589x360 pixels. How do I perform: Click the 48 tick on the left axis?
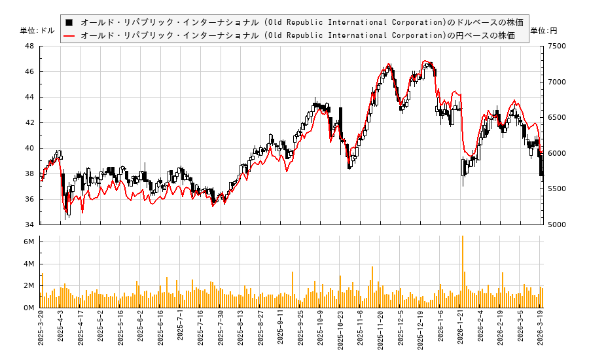[x=29, y=46]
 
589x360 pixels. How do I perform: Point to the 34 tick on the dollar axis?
[x=29, y=225]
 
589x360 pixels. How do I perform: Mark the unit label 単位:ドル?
[x=37, y=31]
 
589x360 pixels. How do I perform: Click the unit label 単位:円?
[x=543, y=31]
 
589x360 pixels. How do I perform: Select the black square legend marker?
[x=69, y=22]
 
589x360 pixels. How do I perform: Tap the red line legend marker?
[x=69, y=35]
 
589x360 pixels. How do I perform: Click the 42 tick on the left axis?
[x=29, y=122]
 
